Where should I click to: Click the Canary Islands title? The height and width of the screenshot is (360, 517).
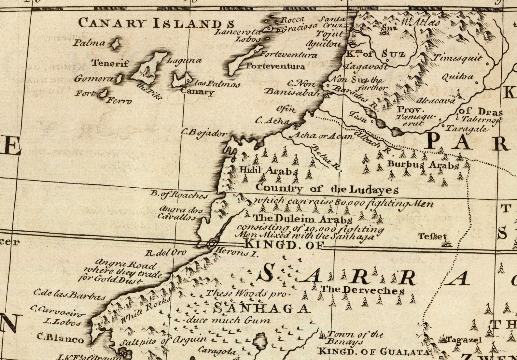(x=156, y=23)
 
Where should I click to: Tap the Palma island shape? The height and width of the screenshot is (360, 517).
(x=115, y=44)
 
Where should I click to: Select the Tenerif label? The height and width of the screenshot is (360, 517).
(x=110, y=63)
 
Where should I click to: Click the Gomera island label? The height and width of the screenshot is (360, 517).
(x=93, y=79)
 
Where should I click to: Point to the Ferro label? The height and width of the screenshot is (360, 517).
(x=120, y=101)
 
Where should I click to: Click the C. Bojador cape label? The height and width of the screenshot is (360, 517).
(x=204, y=133)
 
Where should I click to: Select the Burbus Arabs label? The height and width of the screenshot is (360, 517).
(x=423, y=165)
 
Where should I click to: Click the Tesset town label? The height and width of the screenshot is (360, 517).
(x=433, y=237)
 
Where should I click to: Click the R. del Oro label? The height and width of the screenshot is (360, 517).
(x=165, y=252)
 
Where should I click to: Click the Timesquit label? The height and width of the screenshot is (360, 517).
(x=457, y=58)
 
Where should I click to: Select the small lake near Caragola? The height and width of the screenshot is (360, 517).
(x=260, y=341)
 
